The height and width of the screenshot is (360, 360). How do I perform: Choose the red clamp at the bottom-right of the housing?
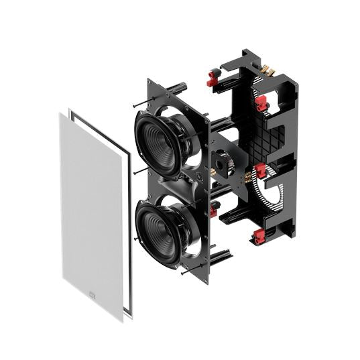258,236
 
